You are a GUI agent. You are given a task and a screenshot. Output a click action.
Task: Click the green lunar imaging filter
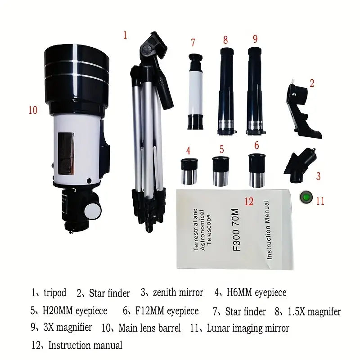(x=306, y=197)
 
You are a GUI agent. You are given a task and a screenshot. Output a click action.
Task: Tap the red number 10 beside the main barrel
(x=33, y=110)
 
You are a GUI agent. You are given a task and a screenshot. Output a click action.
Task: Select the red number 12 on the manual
(x=249, y=202)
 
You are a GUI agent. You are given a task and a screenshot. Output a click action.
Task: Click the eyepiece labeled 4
(x=189, y=171)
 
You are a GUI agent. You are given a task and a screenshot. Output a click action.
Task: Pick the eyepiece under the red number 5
(x=220, y=171)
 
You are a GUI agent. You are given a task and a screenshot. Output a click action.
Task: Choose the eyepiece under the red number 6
(x=257, y=171)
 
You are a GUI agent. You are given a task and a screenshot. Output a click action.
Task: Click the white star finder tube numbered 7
(x=195, y=92)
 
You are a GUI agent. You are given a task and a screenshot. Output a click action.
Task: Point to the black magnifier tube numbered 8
(x=226, y=91)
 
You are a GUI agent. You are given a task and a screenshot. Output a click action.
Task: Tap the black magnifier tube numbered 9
(x=255, y=91)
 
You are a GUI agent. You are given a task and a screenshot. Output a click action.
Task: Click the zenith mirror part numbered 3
(x=300, y=166)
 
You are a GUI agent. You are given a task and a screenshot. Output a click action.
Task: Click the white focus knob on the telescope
(x=93, y=210)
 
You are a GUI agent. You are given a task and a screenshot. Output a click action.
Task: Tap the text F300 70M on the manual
(x=237, y=229)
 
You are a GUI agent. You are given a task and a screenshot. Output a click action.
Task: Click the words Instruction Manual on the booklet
(x=267, y=230)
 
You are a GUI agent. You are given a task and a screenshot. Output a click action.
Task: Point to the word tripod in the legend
(x=55, y=293)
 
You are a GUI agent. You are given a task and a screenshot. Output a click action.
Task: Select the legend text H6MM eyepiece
(x=256, y=292)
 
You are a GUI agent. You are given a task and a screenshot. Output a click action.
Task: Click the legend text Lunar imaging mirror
(x=248, y=328)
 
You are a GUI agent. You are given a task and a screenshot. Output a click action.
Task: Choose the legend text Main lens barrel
(x=149, y=328)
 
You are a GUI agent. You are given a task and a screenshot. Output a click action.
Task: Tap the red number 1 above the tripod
(x=125, y=35)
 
